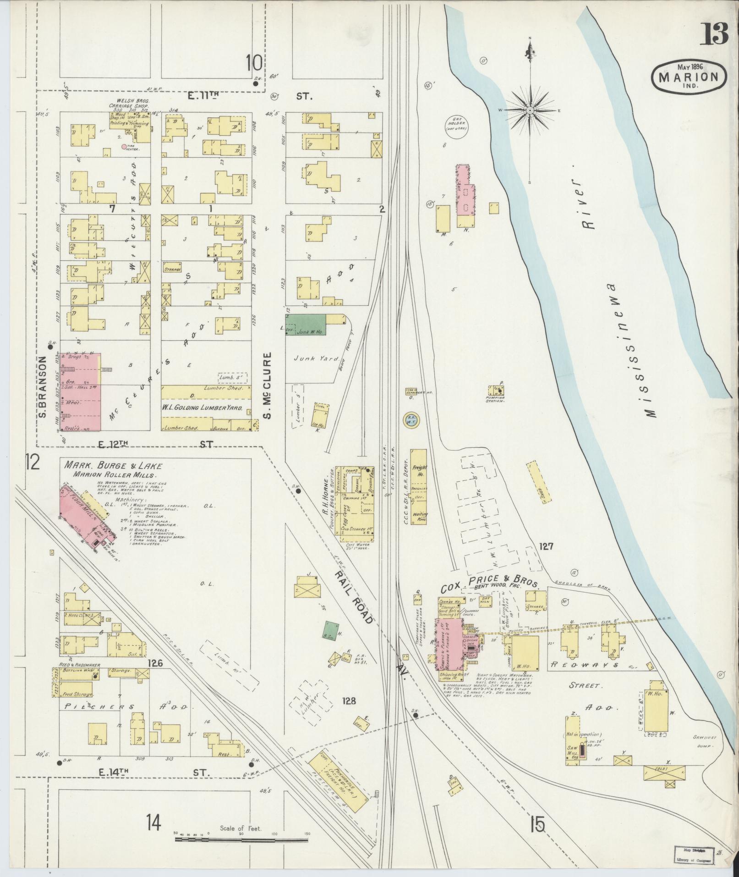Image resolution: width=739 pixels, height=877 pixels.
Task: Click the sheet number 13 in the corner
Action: point(714,35)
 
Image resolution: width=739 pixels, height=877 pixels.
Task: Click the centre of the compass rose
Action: point(530,110)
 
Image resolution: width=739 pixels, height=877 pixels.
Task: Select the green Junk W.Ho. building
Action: point(305,325)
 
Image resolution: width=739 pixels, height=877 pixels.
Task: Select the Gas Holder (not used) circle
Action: point(456,125)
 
